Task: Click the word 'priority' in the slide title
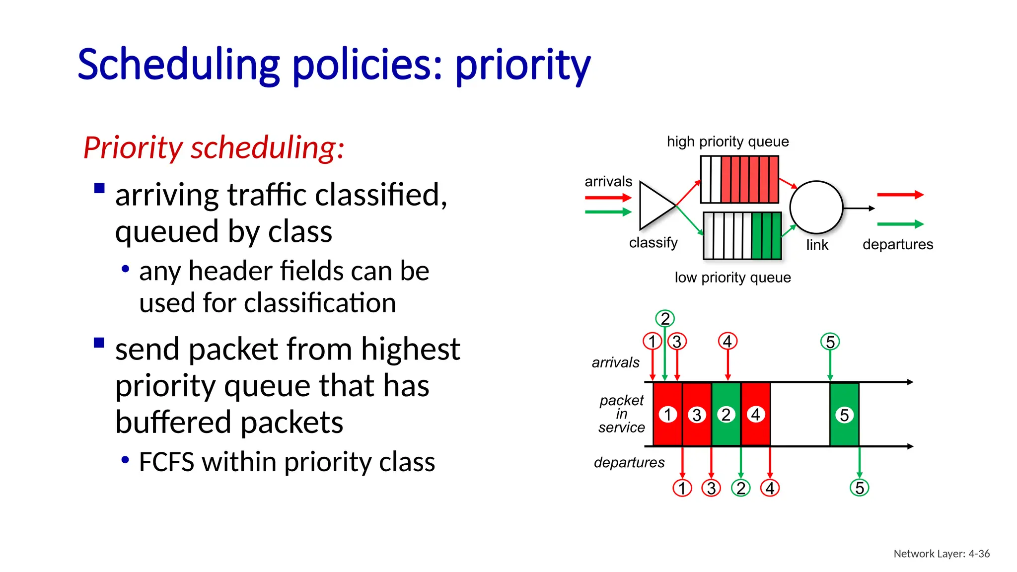[522, 66]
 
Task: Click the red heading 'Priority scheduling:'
[214, 147]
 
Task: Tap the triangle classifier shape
[654, 206]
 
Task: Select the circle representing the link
[816, 208]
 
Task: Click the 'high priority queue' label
[727, 142]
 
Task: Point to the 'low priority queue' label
[732, 278]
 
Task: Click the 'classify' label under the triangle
[653, 243]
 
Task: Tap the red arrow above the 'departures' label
[900, 195]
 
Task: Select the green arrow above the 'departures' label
[900, 224]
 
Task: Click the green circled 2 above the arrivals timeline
[665, 318]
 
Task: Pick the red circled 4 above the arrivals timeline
[727, 341]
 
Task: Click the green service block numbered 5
[844, 415]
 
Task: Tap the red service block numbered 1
[667, 414]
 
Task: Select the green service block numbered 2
[726, 414]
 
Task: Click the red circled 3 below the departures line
[711, 488]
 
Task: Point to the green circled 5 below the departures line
[859, 488]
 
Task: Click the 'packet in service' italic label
[621, 414]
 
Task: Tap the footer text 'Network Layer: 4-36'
[942, 554]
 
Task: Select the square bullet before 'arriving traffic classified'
[99, 188]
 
